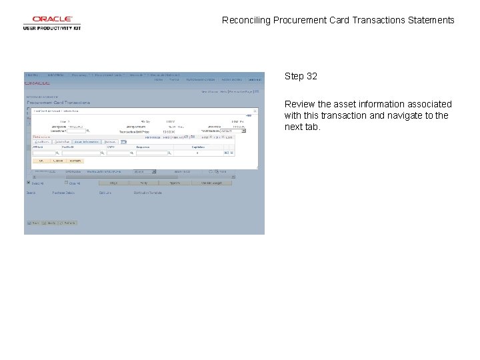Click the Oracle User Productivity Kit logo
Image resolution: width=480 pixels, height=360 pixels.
click(x=51, y=23)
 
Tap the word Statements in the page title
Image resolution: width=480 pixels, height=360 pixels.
click(x=431, y=20)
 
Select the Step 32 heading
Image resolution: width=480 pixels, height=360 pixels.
click(x=301, y=76)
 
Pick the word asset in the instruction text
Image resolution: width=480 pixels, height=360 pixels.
click(x=344, y=104)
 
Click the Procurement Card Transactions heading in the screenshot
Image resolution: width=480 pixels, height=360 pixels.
click(x=58, y=103)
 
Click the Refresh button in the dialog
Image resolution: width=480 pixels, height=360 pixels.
click(x=75, y=161)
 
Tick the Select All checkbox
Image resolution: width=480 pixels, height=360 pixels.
click(x=29, y=182)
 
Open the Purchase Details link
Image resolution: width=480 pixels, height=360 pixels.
click(x=66, y=193)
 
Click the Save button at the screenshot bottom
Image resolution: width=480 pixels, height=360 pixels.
click(x=31, y=223)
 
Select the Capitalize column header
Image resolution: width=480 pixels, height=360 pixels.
click(x=198, y=147)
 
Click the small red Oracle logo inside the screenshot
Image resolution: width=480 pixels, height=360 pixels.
click(x=37, y=83)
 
